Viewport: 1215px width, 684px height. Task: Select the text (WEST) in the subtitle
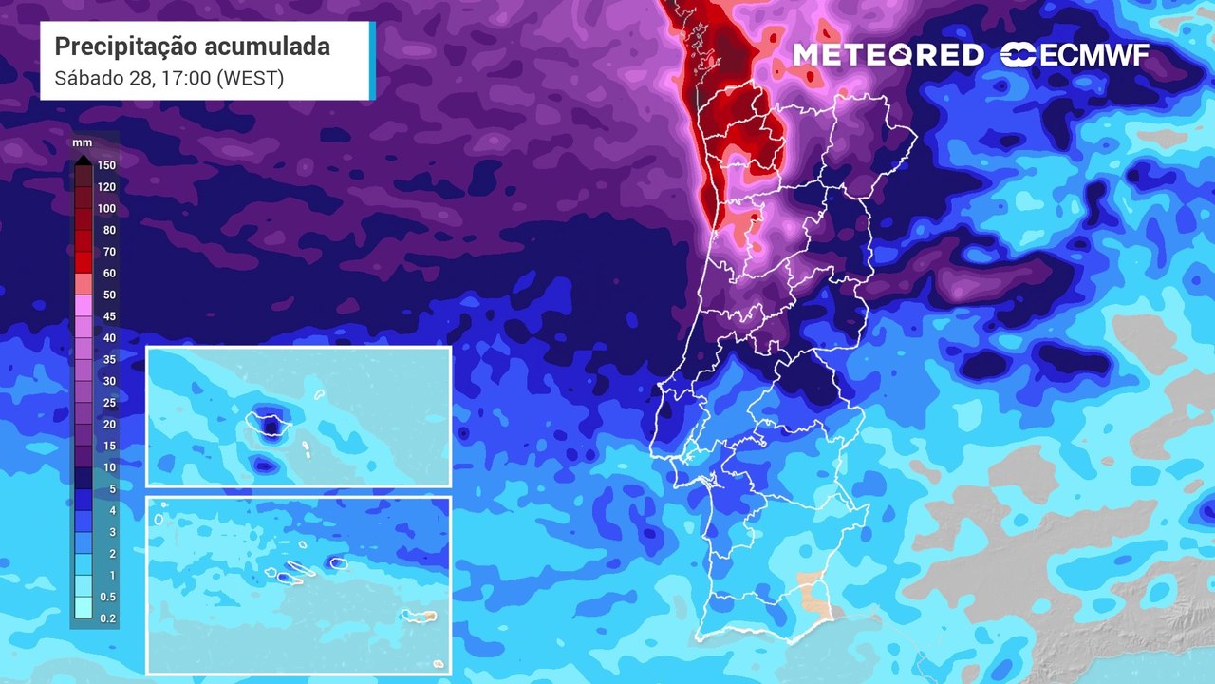click(x=250, y=78)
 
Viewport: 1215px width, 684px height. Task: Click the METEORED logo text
click(x=888, y=55)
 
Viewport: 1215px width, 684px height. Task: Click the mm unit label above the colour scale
click(x=82, y=142)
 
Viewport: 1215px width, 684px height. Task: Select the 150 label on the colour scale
click(x=106, y=165)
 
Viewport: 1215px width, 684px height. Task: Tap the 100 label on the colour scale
click(x=106, y=209)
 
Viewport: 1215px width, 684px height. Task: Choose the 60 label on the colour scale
click(x=109, y=274)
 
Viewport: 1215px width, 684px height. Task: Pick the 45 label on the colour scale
click(x=109, y=316)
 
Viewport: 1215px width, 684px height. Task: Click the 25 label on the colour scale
click(x=109, y=403)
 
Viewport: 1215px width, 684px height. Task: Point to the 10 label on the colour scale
click(x=109, y=467)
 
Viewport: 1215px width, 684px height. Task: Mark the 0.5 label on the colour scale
click(x=108, y=597)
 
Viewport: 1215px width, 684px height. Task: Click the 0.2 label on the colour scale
click(x=108, y=618)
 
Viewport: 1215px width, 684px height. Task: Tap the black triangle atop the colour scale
click(x=83, y=160)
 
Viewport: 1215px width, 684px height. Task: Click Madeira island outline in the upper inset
click(x=269, y=422)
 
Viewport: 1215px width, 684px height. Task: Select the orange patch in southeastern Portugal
click(x=813, y=591)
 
